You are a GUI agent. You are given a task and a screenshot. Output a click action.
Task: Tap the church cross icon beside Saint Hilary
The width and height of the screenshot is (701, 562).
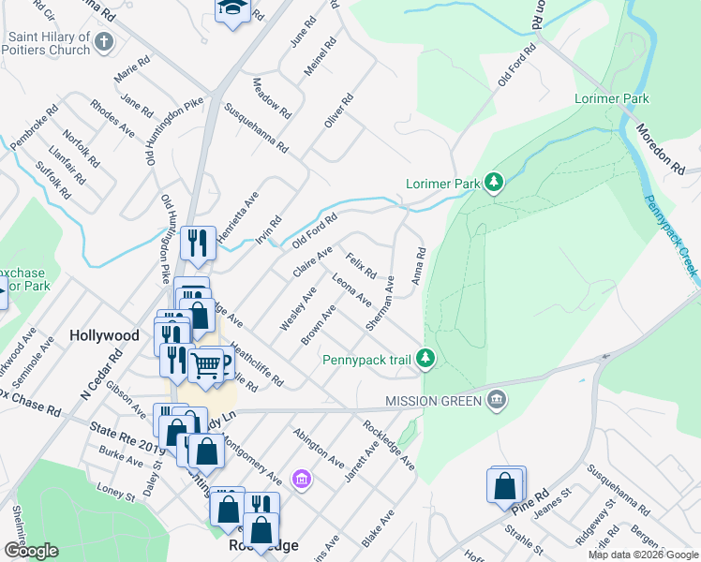[x=104, y=43]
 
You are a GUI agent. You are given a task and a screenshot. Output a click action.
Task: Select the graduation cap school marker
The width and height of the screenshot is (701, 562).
[x=231, y=9]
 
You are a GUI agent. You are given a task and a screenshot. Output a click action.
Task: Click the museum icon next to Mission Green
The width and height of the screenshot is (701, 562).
[x=497, y=401]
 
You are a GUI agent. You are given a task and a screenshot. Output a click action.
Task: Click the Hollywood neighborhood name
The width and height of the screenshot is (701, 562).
[x=104, y=335]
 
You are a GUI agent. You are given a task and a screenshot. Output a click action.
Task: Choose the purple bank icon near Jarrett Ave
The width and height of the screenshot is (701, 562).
[x=301, y=481]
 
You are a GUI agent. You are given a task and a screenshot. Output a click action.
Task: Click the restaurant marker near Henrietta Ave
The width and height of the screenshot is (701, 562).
[x=198, y=243]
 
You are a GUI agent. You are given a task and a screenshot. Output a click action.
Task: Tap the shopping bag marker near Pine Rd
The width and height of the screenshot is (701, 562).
[x=505, y=485]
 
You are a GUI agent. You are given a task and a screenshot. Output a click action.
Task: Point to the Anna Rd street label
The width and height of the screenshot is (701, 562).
[x=419, y=266]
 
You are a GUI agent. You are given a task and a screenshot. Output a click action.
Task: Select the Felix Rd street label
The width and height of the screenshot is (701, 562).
[x=361, y=265]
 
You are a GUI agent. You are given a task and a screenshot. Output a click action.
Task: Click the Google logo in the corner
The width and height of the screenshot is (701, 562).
[x=31, y=550]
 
